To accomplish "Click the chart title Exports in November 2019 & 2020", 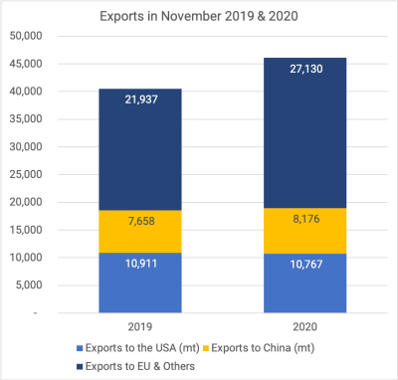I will (x=199, y=16).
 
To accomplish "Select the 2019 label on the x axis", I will (x=139, y=326).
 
